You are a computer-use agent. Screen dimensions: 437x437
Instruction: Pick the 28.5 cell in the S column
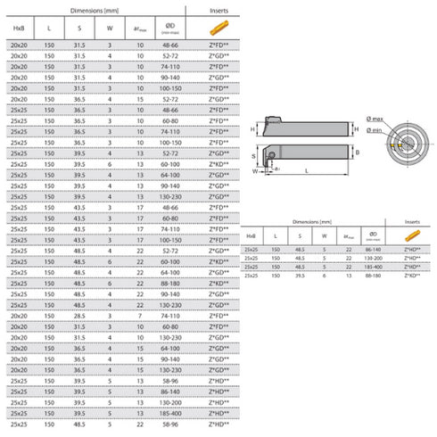tap(78, 317)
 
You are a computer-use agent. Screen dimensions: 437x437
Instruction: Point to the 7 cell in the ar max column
tap(140, 317)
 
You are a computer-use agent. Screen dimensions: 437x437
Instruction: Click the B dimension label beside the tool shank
tap(357, 153)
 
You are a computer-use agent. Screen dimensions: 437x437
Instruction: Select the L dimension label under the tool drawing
tap(307, 170)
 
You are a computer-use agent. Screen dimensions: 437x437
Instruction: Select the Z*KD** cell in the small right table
tap(411, 277)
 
